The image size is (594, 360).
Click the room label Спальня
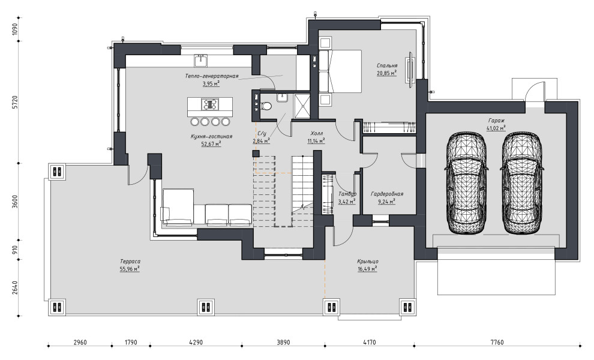pyautogui.click(x=387, y=65)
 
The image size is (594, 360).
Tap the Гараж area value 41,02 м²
pyautogui.click(x=496, y=128)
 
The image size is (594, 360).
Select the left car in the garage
pyautogui.click(x=466, y=182)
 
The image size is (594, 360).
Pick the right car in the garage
pyautogui.click(x=522, y=182)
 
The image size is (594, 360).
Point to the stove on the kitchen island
pyautogui.click(x=210, y=104)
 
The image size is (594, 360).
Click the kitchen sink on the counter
pyautogui.click(x=201, y=60)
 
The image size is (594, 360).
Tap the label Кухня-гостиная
pyautogui.click(x=211, y=136)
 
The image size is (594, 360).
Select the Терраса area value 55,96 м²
pyautogui.click(x=130, y=269)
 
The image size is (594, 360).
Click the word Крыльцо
pyautogui.click(x=367, y=262)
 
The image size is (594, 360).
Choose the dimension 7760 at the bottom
pyautogui.click(x=497, y=342)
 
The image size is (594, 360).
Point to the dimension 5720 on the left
pyautogui.click(x=15, y=103)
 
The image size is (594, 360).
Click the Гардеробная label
pyautogui.click(x=387, y=194)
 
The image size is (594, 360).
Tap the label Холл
pyautogui.click(x=316, y=133)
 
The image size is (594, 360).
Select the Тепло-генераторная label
pyautogui.click(x=211, y=76)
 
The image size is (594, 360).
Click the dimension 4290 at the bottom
pyautogui.click(x=196, y=342)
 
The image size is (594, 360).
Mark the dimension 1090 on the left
pyautogui.click(x=15, y=29)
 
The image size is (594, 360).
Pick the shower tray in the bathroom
pyautogui.click(x=302, y=106)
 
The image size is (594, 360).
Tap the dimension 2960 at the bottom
pyautogui.click(x=80, y=342)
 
